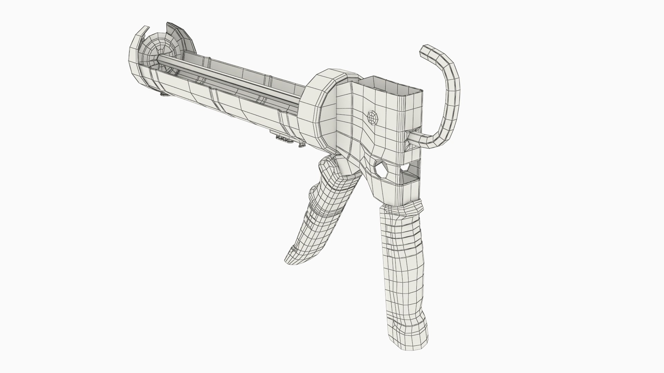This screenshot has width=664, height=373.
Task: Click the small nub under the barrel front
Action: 163,94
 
